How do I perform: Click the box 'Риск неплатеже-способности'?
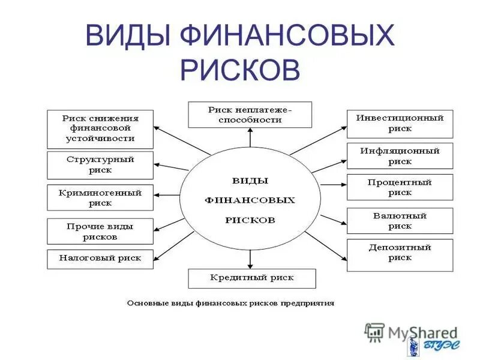point(250,115)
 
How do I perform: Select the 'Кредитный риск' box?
point(251,278)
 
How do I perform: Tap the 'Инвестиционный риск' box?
point(400,124)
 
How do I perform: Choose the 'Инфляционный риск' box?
point(400,156)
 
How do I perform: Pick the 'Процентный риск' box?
point(400,188)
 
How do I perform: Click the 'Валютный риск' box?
point(400,221)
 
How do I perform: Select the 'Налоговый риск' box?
point(100,259)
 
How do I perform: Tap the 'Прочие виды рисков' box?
point(100,232)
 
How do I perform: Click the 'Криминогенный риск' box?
point(100,198)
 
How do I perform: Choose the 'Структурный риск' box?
point(100,165)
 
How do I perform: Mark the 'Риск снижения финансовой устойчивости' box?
point(100,128)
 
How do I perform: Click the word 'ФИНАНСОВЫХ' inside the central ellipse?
point(250,200)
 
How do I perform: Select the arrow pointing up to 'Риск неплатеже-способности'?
point(250,138)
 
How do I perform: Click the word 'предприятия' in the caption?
point(310,303)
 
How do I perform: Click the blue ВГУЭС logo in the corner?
point(433,347)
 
